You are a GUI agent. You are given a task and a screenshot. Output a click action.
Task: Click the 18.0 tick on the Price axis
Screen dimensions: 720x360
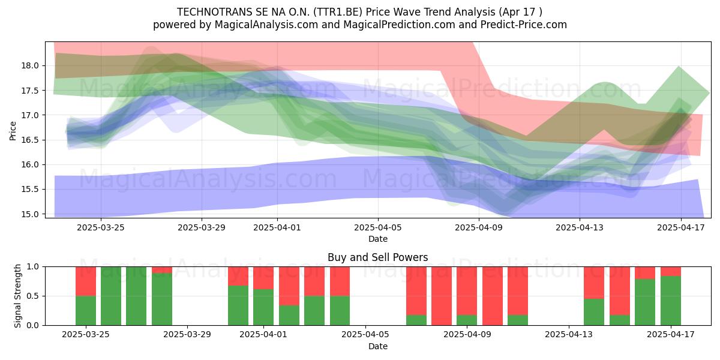[29, 66]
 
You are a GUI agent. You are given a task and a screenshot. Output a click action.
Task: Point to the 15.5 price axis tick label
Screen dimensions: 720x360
[29, 190]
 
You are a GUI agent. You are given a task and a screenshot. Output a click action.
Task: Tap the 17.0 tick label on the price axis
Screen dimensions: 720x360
[29, 115]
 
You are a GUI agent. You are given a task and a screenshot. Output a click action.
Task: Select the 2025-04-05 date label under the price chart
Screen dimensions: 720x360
[378, 227]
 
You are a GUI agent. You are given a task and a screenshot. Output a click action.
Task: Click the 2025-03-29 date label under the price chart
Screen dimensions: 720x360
[202, 227]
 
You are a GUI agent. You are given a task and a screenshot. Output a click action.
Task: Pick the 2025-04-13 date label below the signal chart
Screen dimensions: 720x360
[569, 335]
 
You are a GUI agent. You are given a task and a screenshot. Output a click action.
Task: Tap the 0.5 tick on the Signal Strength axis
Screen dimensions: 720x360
[33, 296]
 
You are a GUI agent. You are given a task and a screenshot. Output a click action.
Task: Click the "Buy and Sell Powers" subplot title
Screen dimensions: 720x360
[377, 257]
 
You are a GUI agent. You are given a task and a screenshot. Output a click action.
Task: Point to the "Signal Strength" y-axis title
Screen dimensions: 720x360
[17, 296]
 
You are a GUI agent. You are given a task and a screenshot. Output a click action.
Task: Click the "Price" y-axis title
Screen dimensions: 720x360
[13, 131]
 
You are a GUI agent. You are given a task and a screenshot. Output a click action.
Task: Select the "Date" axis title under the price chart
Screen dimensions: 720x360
[378, 239]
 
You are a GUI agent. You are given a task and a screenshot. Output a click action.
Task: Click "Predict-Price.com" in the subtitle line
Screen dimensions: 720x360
[524, 25]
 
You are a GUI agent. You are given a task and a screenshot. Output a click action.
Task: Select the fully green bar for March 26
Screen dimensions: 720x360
[111, 296]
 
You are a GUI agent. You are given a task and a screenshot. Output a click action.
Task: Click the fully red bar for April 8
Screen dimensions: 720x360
[442, 296]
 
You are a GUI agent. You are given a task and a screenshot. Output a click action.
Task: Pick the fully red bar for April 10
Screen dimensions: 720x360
[493, 296]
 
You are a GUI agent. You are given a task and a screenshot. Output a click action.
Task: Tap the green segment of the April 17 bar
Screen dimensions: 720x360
[671, 301]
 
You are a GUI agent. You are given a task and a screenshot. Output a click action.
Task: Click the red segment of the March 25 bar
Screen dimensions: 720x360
[85, 281]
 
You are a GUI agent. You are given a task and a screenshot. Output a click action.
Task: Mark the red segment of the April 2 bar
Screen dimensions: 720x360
[289, 286]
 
